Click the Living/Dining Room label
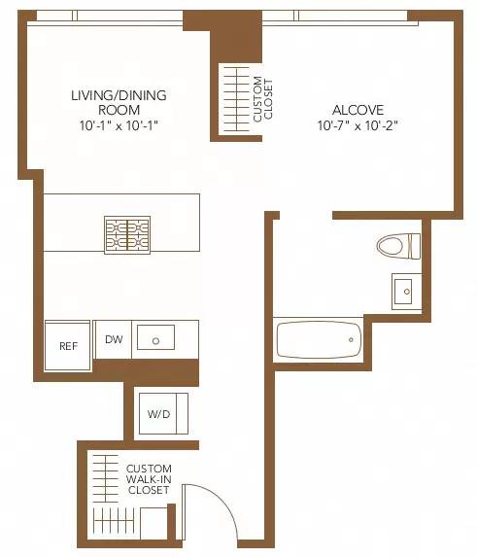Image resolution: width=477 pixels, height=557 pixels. tap(119, 102)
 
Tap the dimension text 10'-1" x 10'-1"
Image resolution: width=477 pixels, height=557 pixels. tap(119, 125)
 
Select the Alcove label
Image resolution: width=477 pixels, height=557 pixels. tap(358, 110)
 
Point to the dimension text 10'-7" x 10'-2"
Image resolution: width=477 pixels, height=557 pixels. tap(358, 125)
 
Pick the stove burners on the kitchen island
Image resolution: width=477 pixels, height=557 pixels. tap(127, 234)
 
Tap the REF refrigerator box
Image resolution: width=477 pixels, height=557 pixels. tap(68, 345)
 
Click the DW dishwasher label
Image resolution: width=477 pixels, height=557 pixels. tap(114, 339)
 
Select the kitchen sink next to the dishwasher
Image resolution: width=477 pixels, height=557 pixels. tap(155, 337)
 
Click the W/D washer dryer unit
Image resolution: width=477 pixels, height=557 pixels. tap(159, 413)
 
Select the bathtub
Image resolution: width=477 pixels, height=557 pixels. tap(319, 340)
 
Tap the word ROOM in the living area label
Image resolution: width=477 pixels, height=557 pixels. tap(119, 110)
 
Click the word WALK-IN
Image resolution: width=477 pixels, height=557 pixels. tap(149, 479)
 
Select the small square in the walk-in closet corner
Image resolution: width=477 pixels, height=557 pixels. tap(154, 523)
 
